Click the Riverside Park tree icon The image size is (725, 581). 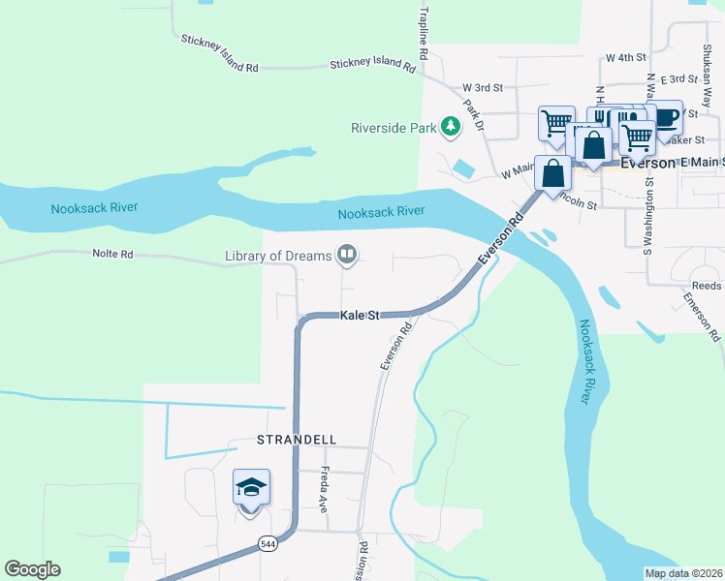450,126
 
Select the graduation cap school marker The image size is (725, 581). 251,487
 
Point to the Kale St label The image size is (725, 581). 359,316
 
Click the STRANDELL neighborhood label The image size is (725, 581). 297,439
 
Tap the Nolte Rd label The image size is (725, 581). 112,254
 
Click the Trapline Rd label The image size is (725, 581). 424,29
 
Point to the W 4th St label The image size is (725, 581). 626,58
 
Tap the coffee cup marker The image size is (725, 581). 665,117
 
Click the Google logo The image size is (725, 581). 32,569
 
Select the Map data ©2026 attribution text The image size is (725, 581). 682,573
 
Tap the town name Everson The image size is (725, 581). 641,162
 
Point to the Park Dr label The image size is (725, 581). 473,115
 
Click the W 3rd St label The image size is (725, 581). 483,87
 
